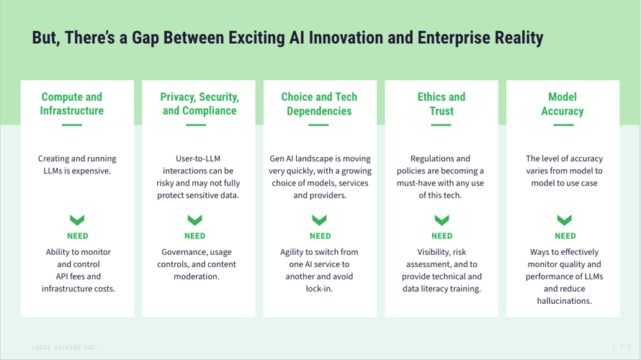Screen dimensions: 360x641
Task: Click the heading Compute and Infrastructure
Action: [71, 104]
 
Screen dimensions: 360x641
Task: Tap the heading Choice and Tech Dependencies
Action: [319, 104]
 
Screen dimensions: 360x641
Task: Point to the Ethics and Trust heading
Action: [441, 104]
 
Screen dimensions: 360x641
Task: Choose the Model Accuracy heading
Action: [562, 104]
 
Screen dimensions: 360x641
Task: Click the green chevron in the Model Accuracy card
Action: [565, 220]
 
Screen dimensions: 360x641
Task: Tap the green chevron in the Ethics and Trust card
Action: [442, 220]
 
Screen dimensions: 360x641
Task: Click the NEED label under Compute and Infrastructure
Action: [78, 235]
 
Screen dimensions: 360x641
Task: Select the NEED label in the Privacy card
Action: [194, 235]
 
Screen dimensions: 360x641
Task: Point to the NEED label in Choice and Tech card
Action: [320, 235]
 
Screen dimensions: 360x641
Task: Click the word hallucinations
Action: [564, 301]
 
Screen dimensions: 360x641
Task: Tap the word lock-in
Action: [319, 289]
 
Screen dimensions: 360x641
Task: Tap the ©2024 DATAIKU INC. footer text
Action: [64, 347]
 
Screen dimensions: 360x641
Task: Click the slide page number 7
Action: [620, 347]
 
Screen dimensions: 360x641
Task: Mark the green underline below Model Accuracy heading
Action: [563, 125]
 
